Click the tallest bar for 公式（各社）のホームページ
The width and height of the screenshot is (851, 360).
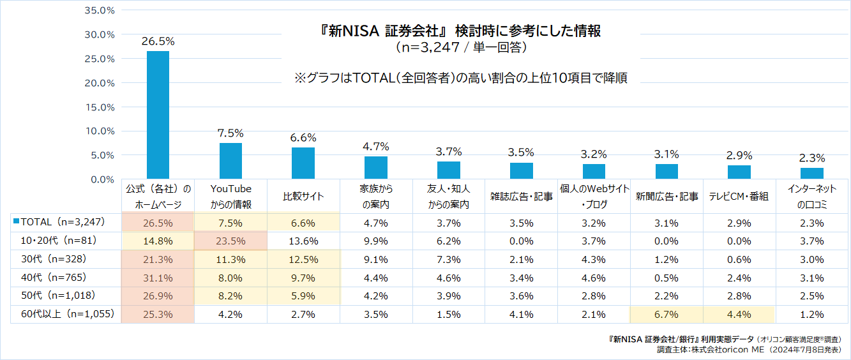[x=158, y=115]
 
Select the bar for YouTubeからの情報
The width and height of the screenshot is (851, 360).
[x=230, y=161]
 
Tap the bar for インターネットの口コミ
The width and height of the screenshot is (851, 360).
[x=811, y=173]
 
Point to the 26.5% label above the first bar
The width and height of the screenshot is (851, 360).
[x=158, y=41]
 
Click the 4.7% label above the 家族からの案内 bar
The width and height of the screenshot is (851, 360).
[x=376, y=147]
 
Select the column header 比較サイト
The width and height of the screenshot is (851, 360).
[x=303, y=197]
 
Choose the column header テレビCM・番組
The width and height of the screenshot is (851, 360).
[x=739, y=197]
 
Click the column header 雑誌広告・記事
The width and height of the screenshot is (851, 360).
[x=521, y=197]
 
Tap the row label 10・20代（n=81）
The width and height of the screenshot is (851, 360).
[x=54, y=241]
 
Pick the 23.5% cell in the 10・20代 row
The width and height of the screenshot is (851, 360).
[x=230, y=241]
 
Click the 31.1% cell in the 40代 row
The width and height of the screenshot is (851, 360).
[x=158, y=278]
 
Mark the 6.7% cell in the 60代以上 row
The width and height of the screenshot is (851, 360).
[x=666, y=314]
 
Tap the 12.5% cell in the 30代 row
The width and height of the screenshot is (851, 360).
[x=303, y=259]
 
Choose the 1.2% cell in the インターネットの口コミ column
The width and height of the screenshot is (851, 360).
[x=811, y=314]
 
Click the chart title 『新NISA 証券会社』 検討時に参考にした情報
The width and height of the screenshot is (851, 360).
[x=461, y=31]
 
